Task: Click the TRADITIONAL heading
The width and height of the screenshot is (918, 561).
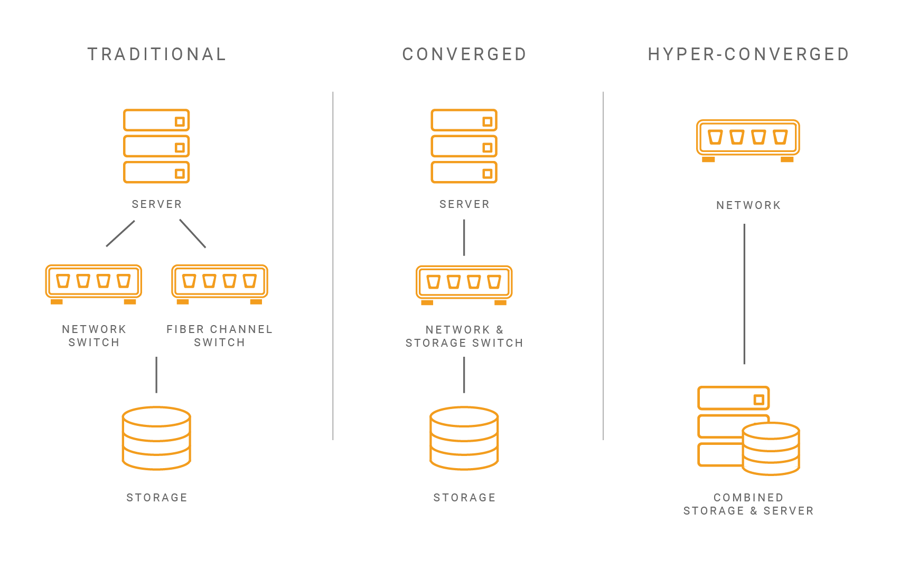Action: point(157,54)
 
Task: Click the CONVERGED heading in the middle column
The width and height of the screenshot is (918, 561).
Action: point(464,54)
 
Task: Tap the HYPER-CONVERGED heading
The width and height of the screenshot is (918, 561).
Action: point(748,54)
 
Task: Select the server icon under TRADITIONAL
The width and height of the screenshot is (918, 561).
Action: point(156,146)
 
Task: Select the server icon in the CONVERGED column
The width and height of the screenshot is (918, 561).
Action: point(464,146)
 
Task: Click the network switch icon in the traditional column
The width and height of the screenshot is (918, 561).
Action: point(93,284)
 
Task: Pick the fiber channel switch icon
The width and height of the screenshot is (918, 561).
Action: point(220,284)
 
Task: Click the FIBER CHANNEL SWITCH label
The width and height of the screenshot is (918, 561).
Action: point(219,336)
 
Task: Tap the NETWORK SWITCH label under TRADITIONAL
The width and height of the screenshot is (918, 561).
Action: point(94,336)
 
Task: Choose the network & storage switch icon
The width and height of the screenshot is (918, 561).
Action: point(464,284)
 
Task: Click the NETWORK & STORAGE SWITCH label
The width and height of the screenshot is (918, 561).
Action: point(464,336)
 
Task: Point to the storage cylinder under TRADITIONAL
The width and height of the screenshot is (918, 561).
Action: point(156,438)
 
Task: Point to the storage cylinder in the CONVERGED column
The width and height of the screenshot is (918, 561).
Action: point(464,438)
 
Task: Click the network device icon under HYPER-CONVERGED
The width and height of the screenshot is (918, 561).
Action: point(748,140)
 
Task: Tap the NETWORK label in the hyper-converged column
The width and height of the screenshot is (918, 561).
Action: point(748,205)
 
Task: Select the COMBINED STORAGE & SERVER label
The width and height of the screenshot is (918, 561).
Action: point(748,504)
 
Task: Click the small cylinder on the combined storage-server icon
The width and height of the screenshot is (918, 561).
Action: point(771,449)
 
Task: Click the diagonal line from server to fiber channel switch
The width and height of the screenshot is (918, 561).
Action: point(192,233)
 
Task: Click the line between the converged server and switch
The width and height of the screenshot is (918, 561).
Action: point(464,237)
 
